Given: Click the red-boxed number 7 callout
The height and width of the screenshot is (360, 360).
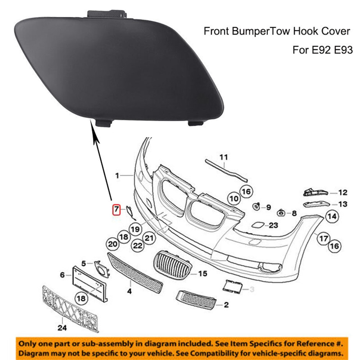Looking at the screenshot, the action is [x=116, y=209].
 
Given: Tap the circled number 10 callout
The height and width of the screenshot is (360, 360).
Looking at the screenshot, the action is [x=234, y=199].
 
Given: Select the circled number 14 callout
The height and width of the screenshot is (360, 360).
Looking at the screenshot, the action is [x=332, y=216].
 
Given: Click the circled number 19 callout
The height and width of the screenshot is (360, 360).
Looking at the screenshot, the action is [x=135, y=229].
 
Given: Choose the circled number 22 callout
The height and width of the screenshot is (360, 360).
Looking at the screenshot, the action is [x=138, y=246].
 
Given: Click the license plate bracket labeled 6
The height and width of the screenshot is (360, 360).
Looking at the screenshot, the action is [x=90, y=284].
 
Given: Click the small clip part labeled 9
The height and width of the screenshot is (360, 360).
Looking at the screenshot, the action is [x=256, y=206].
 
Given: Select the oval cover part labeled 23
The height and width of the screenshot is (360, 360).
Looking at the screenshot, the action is [x=258, y=225].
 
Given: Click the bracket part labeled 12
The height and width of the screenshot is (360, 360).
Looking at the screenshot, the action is [x=316, y=192].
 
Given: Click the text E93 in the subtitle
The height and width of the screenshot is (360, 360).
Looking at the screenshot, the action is [x=343, y=50].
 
